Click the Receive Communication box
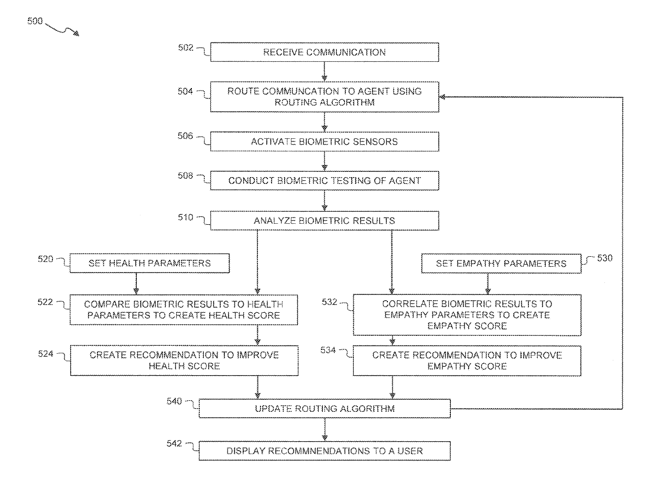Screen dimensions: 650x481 coord(324,52)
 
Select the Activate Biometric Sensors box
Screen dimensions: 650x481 coord(324,141)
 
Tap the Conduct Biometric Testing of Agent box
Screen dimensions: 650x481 coord(324,180)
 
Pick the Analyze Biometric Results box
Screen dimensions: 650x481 coord(324,221)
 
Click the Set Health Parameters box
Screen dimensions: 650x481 coord(149,264)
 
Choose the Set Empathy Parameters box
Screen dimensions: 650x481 coord(501,264)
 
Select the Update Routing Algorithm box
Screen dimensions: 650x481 coord(324,408)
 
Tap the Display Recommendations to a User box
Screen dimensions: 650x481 coord(324,451)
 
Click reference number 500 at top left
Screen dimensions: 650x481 coord(35,21)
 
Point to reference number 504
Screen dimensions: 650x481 coord(185,91)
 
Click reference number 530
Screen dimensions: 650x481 coord(605,258)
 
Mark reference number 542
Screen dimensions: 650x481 coord(174,443)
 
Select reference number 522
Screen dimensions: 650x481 coord(45,302)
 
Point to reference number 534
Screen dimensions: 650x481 coord(328,350)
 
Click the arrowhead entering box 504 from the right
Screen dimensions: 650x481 coord(442,97)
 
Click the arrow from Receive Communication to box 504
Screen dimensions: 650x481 coord(324,71)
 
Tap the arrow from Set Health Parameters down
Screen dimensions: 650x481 coord(136,283)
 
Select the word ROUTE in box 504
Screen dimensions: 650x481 coord(243,91)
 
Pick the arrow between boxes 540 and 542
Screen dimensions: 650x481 coord(324,430)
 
